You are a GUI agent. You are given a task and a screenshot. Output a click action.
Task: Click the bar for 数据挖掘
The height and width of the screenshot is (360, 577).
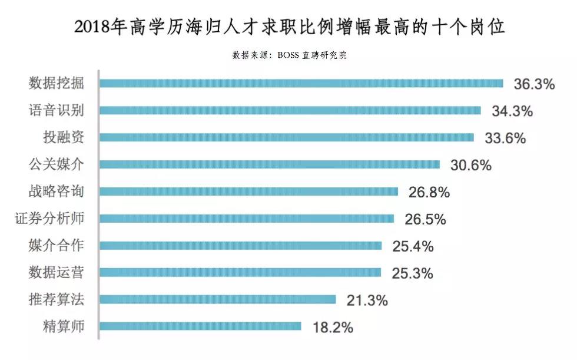[301, 83]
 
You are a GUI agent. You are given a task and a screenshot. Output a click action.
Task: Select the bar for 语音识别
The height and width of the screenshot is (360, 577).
[290, 110]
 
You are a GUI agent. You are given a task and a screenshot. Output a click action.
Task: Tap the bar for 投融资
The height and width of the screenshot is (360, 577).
[286, 137]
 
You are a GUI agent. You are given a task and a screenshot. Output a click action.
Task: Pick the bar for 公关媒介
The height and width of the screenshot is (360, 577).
[269, 164]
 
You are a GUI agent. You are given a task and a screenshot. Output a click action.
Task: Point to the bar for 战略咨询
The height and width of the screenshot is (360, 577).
[248, 191]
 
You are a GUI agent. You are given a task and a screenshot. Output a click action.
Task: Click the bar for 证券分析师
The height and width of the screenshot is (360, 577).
[246, 219]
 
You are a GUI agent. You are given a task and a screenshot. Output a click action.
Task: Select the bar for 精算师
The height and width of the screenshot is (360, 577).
[200, 326]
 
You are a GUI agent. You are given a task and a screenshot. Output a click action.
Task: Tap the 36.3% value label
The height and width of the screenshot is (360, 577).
[534, 84]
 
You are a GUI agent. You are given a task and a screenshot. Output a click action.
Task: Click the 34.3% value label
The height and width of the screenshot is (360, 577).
[512, 111]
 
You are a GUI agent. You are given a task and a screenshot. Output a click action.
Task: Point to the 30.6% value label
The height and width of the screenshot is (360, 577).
[470, 166]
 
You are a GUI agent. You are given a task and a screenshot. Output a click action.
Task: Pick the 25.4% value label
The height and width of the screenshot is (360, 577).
[413, 246]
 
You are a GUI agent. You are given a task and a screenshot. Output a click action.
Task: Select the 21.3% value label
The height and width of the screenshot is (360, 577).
[367, 300]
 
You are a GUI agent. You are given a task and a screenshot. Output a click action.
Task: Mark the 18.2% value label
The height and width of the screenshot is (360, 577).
[332, 328]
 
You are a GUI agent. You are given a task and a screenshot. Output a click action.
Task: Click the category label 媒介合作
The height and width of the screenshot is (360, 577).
[56, 245]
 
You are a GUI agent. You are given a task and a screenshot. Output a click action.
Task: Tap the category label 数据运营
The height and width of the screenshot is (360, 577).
[56, 272]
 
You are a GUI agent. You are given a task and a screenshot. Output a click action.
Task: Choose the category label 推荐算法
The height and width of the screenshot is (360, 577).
[56, 299]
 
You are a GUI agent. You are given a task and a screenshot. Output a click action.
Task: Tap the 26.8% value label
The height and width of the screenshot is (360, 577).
[429, 192]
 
